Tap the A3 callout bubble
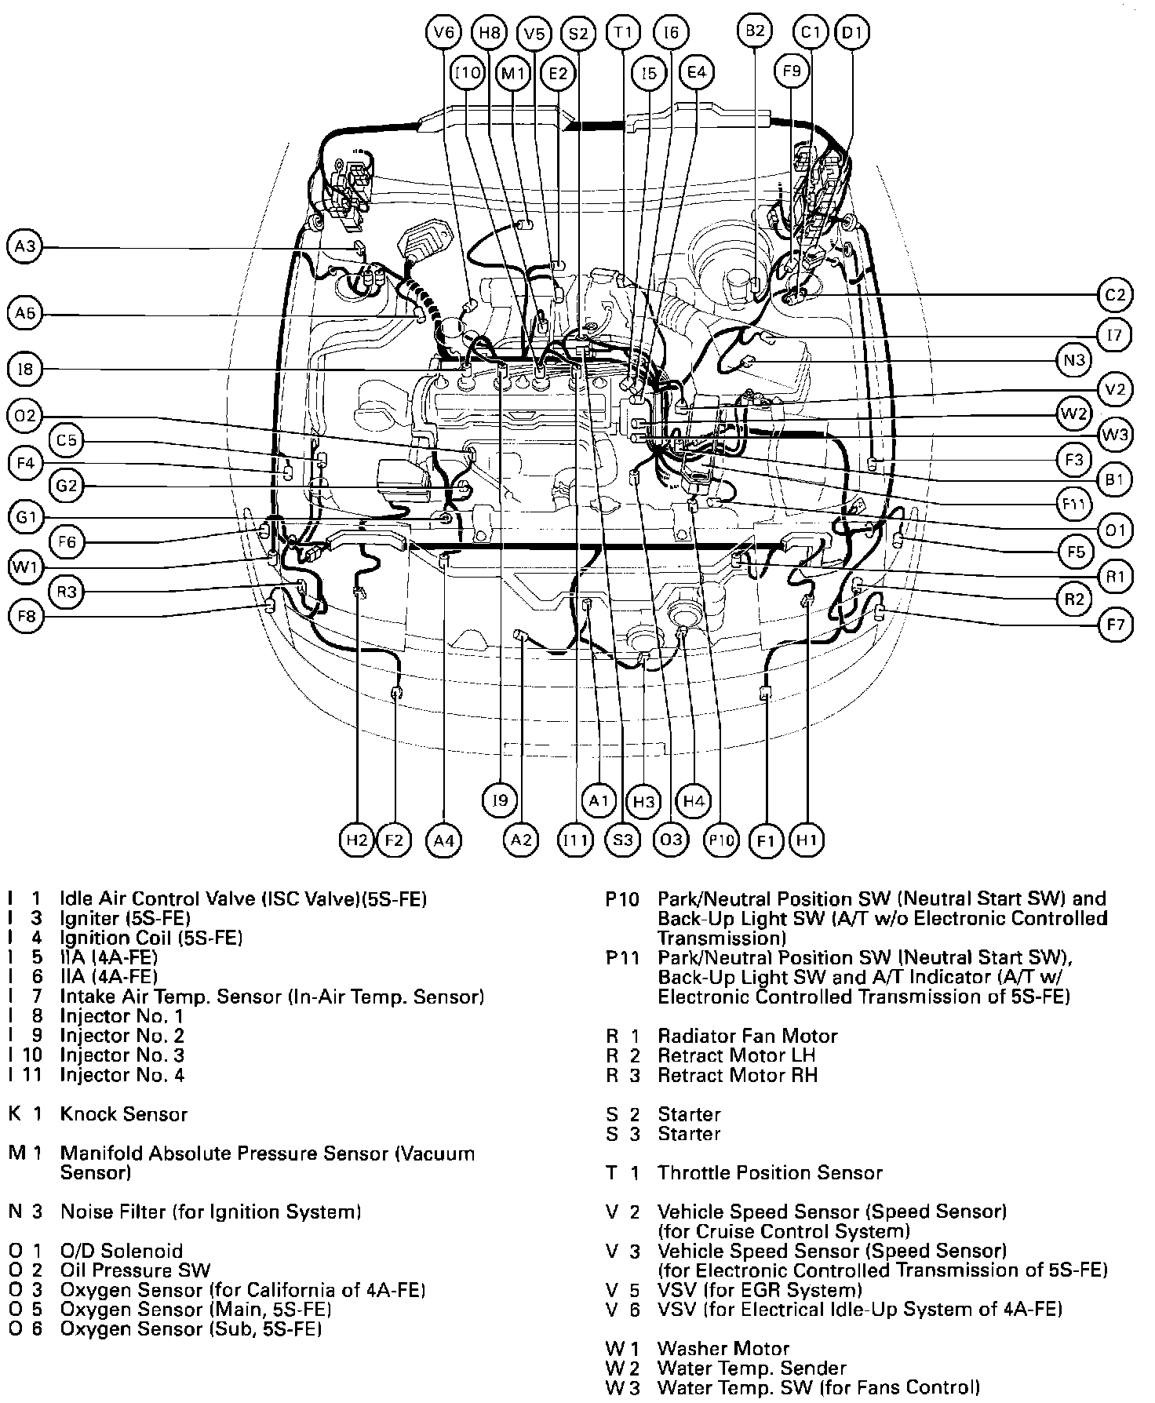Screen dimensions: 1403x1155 26,247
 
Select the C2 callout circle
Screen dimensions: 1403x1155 1115,295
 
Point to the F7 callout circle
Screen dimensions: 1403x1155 1115,625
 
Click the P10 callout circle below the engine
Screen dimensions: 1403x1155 721,840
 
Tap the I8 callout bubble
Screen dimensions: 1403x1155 26,368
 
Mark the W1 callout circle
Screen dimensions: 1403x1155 26,567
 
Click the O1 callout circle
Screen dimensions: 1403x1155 1115,531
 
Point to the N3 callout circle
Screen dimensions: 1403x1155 1073,360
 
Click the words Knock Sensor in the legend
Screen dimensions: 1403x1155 124,1114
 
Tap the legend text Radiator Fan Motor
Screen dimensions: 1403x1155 747,1036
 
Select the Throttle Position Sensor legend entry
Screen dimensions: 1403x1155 770,1173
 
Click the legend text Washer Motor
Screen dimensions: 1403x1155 723,1349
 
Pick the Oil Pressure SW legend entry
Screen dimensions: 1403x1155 135,1270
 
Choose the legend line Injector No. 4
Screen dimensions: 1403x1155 122,1075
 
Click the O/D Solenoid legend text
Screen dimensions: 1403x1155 121,1251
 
